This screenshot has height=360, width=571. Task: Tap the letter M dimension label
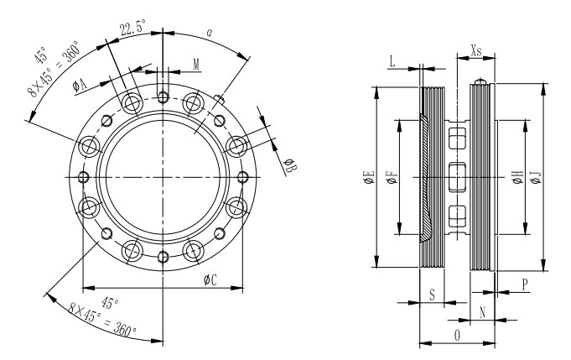[196, 64]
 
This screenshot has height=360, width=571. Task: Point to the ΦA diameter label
[80, 84]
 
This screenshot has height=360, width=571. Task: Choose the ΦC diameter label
[210, 280]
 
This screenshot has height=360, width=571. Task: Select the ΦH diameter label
[517, 176]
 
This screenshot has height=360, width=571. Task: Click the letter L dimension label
[392, 60]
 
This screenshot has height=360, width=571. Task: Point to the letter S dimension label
[431, 295]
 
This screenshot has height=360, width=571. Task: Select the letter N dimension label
[481, 310]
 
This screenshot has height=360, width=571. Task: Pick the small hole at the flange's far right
[243, 176]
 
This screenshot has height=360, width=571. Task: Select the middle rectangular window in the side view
[457, 176]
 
